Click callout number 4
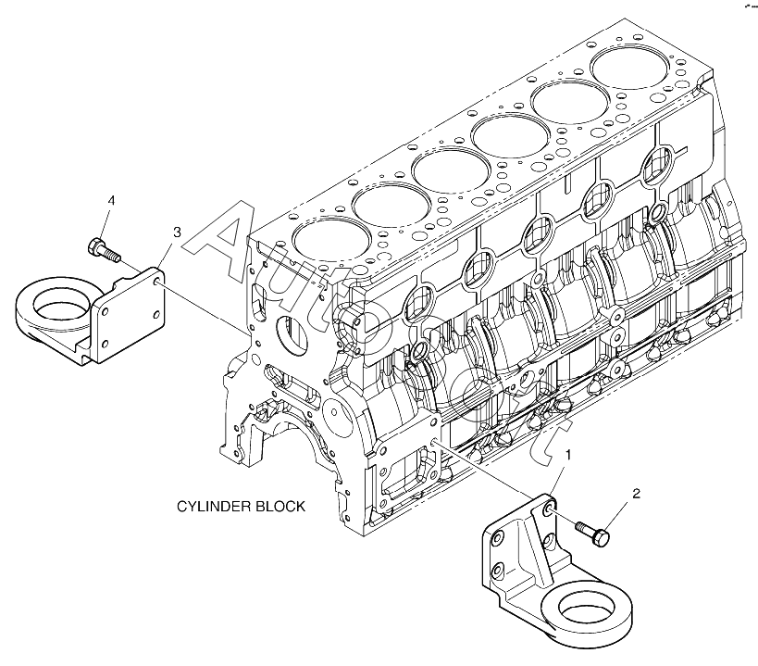coord(111,200)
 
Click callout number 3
coord(177,232)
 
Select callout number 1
coord(568,455)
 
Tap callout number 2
coord(636,494)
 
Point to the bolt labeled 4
coord(104,250)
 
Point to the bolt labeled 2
coord(592,534)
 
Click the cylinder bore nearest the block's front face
coord(331,237)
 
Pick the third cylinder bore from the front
coord(451,169)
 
